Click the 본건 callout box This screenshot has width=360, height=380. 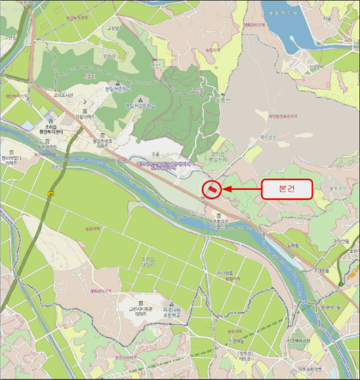287,189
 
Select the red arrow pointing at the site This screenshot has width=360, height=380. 242,189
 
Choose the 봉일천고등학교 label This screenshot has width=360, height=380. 140,106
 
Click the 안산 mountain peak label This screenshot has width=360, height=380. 157,65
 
